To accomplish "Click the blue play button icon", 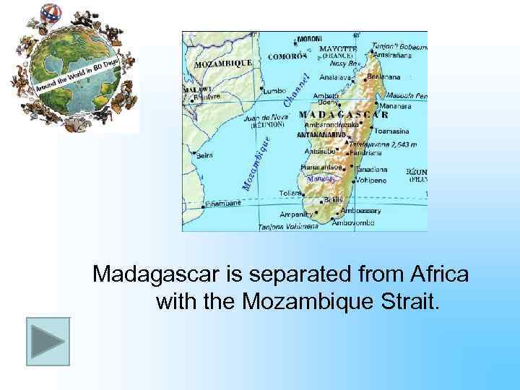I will coord(48,341).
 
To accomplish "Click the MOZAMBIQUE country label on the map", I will coord(223,63).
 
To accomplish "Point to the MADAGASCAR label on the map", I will coord(344,114).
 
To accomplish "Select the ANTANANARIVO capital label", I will coord(322,134).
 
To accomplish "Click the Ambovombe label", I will coord(353,223).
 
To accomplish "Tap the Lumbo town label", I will coord(274,91).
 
